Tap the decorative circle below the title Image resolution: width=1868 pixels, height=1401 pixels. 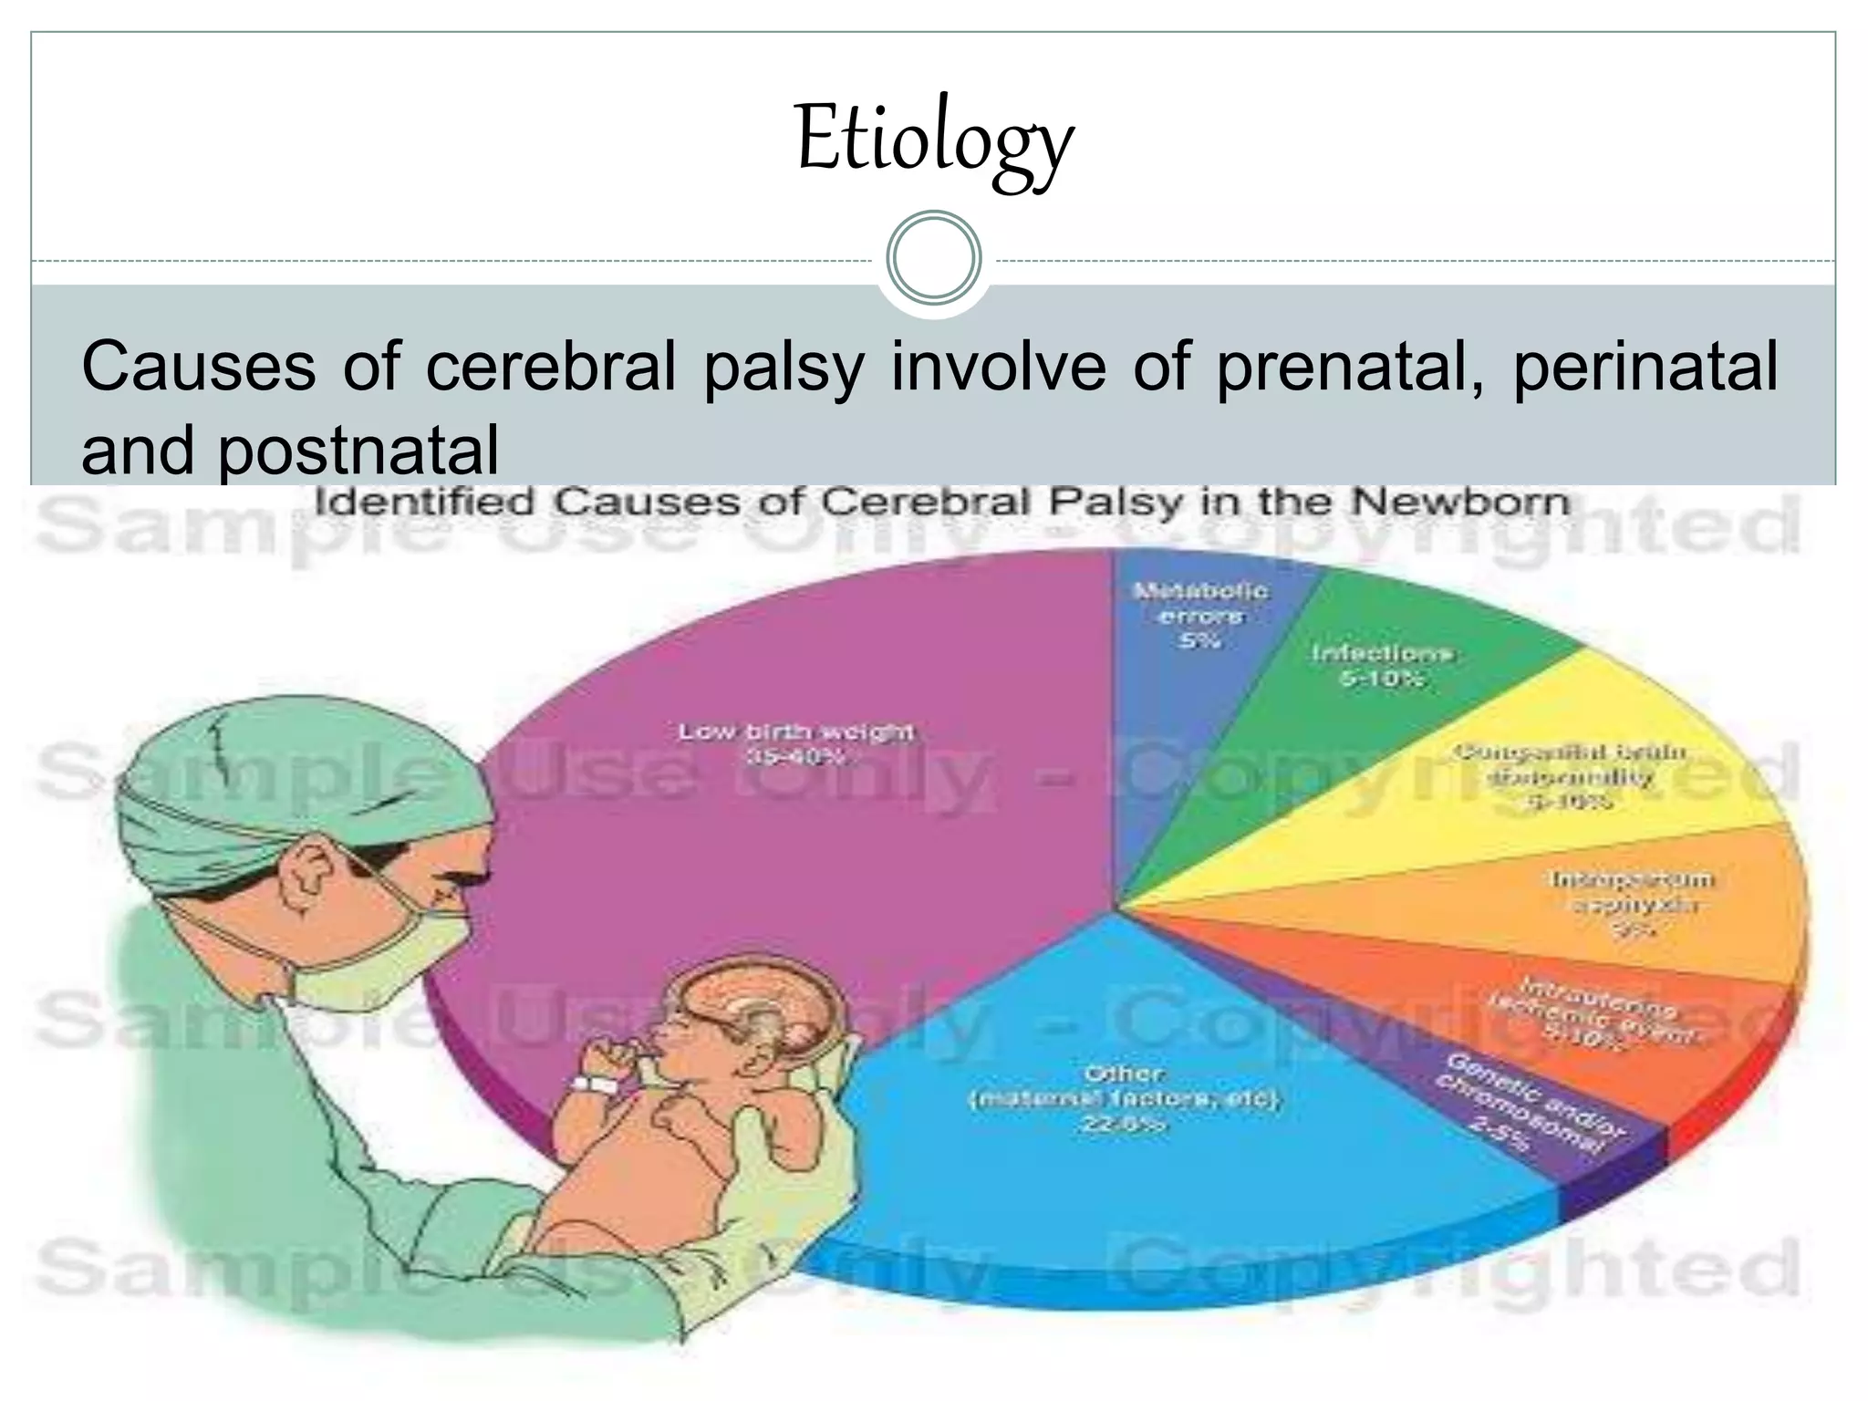tap(934, 258)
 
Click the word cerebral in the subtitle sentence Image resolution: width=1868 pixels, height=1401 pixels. tap(551, 367)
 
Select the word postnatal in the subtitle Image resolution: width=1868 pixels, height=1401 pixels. tap(358, 451)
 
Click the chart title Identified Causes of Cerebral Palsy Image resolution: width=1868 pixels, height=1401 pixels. tap(942, 503)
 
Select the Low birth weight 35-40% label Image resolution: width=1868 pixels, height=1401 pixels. tap(795, 744)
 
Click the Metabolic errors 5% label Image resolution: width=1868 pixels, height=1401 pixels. tap(1199, 616)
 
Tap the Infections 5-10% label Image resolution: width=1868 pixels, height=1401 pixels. tap(1381, 665)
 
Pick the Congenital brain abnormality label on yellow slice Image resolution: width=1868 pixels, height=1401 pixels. tap(1570, 777)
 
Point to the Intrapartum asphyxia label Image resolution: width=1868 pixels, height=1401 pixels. tap(1633, 904)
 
